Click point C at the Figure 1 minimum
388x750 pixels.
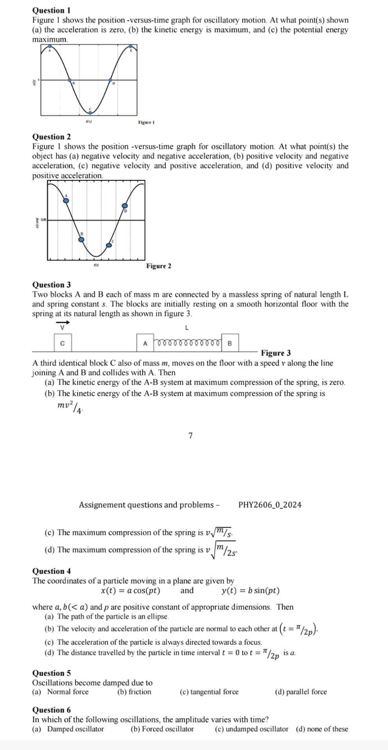pos(89,111)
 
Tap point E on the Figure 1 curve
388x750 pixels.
pos(131,46)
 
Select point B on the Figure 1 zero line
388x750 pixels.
pos(70,80)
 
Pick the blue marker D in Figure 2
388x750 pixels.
pos(125,205)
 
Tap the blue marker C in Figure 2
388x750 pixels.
pos(109,245)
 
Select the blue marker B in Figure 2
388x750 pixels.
pos(81,239)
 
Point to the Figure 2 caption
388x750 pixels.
pos(159,266)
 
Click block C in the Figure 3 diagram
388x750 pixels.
pos(63,343)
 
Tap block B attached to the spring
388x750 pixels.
pos(230,343)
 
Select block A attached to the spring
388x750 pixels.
pos(145,343)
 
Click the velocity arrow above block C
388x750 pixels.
pos(63,323)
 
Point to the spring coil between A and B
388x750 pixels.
pos(188,343)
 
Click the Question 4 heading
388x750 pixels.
pos(51,571)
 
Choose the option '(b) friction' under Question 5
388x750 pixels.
pos(134,692)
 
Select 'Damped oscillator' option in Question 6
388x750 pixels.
pos(75,729)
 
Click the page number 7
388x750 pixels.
pos(190,436)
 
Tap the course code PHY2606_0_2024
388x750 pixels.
pos(270,505)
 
